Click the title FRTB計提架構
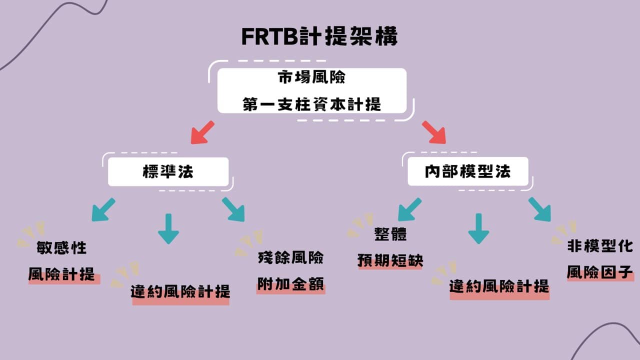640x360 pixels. click(x=319, y=36)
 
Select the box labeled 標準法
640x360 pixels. click(x=168, y=172)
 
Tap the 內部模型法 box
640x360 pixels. click(x=468, y=172)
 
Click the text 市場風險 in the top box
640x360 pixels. click(x=311, y=78)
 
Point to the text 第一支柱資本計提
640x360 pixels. click(x=311, y=104)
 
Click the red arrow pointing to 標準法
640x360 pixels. click(x=202, y=132)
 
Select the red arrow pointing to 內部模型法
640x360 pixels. click(x=433, y=132)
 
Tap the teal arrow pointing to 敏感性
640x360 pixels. click(x=103, y=209)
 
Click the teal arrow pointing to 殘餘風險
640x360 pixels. click(x=233, y=209)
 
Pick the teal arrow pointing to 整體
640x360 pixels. click(x=409, y=209)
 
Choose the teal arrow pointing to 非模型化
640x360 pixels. click(x=539, y=209)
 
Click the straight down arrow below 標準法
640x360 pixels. click(x=168, y=229)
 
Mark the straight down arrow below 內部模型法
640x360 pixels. click(x=478, y=229)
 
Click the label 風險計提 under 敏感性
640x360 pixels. click(x=62, y=274)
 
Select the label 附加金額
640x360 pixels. click(x=290, y=283)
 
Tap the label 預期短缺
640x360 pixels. click(x=390, y=260)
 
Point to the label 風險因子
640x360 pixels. click(x=600, y=272)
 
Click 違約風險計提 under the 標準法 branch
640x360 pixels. click(x=180, y=291)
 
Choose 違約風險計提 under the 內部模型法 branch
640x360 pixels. click(x=499, y=286)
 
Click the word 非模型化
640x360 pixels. click(x=600, y=246)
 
